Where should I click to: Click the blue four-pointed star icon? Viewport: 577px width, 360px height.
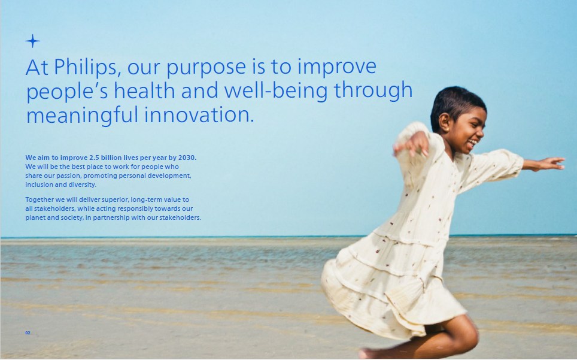(32, 41)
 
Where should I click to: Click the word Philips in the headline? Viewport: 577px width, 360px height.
(85, 67)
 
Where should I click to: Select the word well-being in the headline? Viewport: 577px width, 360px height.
(275, 91)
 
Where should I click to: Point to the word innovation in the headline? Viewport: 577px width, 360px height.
(199, 114)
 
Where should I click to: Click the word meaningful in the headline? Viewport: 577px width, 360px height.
(82, 115)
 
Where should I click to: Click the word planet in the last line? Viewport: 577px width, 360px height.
(35, 218)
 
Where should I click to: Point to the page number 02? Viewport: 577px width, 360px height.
(28, 333)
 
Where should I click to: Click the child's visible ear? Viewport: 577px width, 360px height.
(444, 122)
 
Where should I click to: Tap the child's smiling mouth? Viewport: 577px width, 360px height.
(472, 143)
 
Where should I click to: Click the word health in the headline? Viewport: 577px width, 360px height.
(144, 91)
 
